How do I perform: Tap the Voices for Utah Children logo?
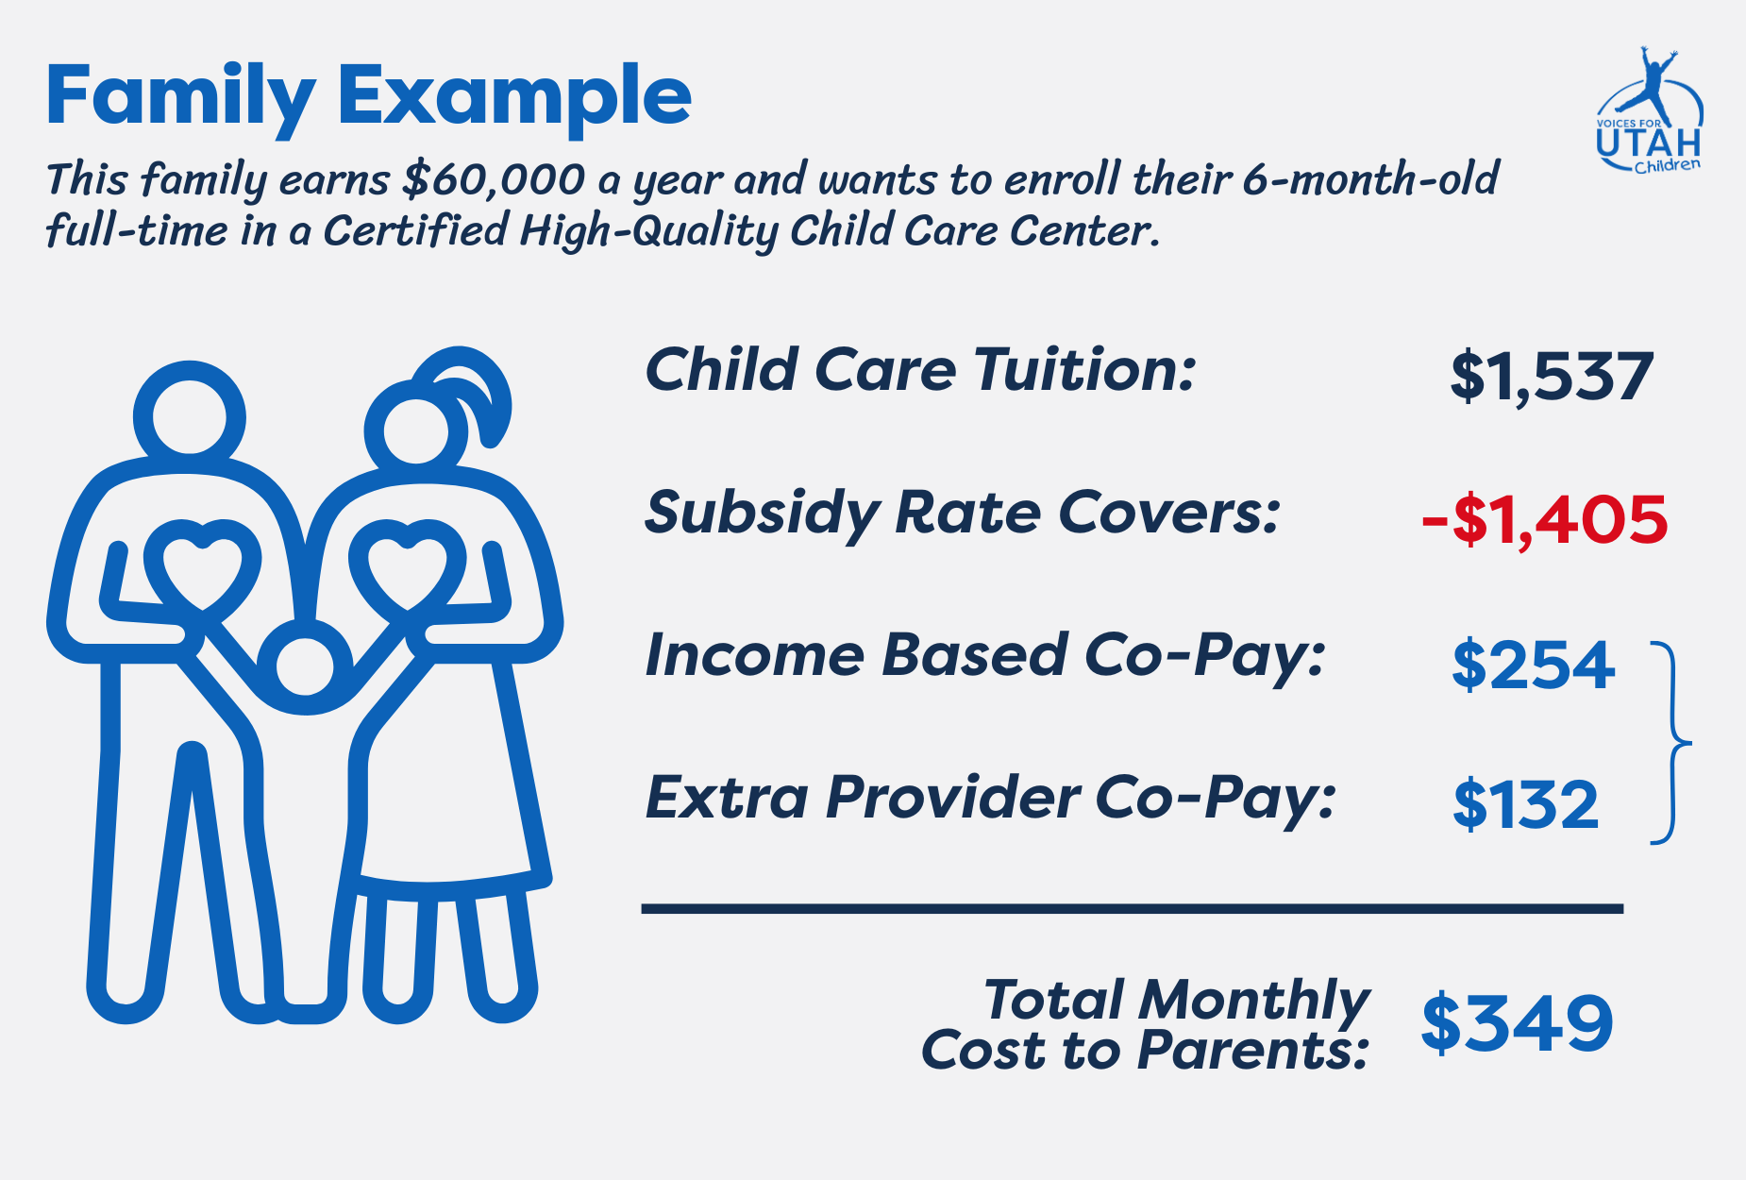1649,110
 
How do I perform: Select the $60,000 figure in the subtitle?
493,179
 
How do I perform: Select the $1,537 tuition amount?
1552,377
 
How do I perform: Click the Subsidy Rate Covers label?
962,515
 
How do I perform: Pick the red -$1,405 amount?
1545,520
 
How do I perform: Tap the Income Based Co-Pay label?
984,656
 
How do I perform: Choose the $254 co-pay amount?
1534,665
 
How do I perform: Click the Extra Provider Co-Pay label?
990,799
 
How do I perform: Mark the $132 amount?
1526,805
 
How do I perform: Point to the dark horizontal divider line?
1133,909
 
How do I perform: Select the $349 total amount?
1517,1023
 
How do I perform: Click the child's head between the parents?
304,666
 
